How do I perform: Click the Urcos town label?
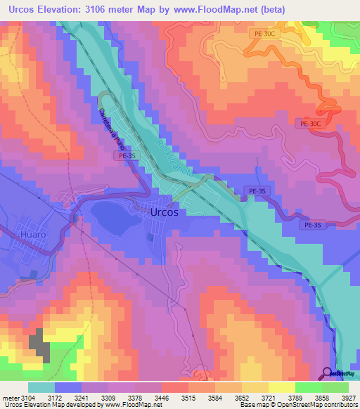point(168,212)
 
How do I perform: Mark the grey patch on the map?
point(39,346)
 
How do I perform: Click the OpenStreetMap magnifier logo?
point(327,373)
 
